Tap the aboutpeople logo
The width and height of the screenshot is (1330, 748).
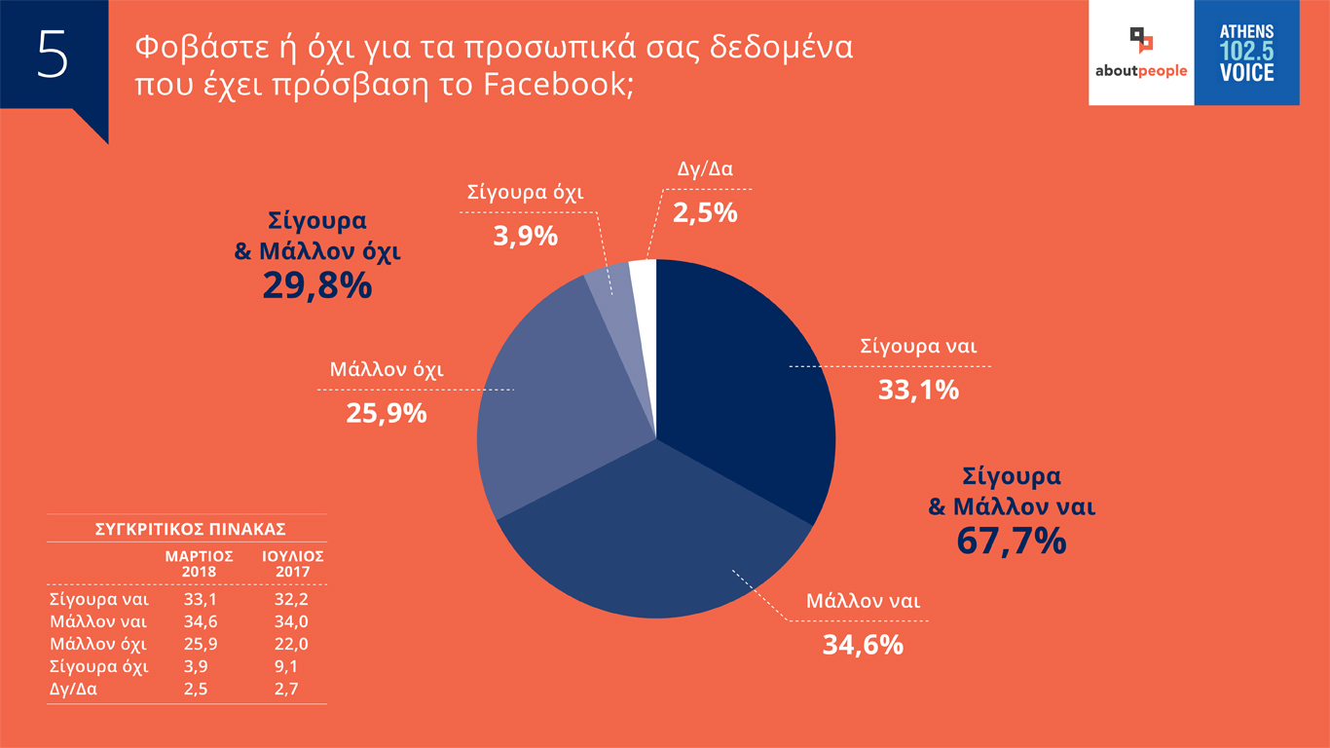pos(1141,53)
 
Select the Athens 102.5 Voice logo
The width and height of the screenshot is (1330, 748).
pos(1246,53)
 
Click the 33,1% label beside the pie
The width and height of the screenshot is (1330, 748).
pos(918,391)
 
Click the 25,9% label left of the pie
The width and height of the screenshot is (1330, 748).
pos(387,413)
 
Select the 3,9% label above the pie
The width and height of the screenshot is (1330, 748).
pos(525,235)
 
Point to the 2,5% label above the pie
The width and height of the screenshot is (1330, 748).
pos(705,212)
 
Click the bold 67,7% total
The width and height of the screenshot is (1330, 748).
pos(1012,541)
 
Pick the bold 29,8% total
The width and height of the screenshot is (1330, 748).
pos(317,285)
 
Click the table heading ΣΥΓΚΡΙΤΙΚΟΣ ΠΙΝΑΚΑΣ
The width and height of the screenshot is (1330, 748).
pos(190,530)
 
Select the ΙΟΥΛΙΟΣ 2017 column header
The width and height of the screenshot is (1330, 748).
pos(292,562)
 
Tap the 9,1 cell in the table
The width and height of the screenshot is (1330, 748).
pos(286,667)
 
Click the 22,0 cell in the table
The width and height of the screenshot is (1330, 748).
pos(286,645)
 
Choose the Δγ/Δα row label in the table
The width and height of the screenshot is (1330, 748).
pos(74,690)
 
